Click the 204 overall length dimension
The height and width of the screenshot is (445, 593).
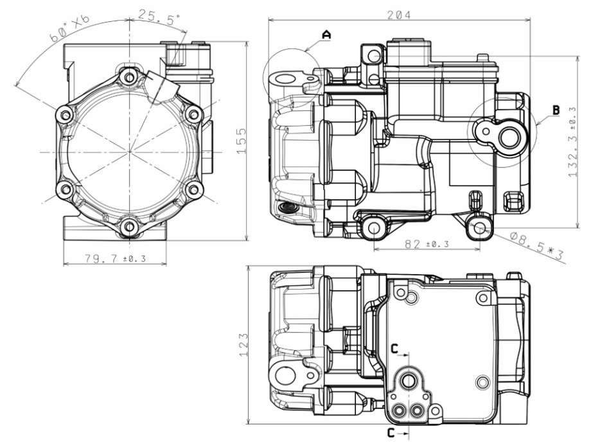(398, 13)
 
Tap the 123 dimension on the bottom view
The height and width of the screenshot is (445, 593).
(242, 345)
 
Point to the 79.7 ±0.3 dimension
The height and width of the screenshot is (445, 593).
(115, 258)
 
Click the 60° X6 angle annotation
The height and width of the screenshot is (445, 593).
(70, 30)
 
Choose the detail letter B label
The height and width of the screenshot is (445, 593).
(554, 110)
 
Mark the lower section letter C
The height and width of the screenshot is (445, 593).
(391, 432)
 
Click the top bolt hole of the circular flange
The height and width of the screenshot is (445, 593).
(130, 78)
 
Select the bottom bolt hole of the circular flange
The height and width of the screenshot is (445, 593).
(130, 226)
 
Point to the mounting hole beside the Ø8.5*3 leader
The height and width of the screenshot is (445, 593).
(479, 227)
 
